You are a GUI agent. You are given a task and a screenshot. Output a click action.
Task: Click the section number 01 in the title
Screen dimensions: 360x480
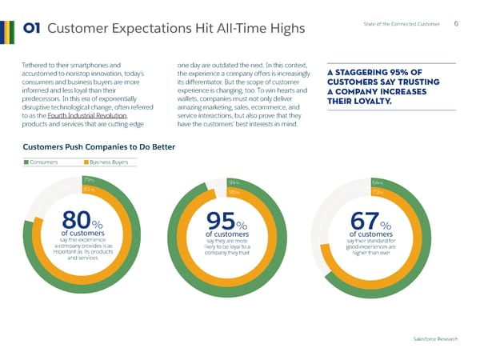click(33, 30)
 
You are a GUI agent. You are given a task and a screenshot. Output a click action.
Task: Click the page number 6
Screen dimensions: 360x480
click(455, 23)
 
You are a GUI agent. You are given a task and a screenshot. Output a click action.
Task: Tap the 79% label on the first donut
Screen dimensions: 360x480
click(89, 181)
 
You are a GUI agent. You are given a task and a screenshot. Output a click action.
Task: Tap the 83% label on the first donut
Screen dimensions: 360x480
click(89, 190)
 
